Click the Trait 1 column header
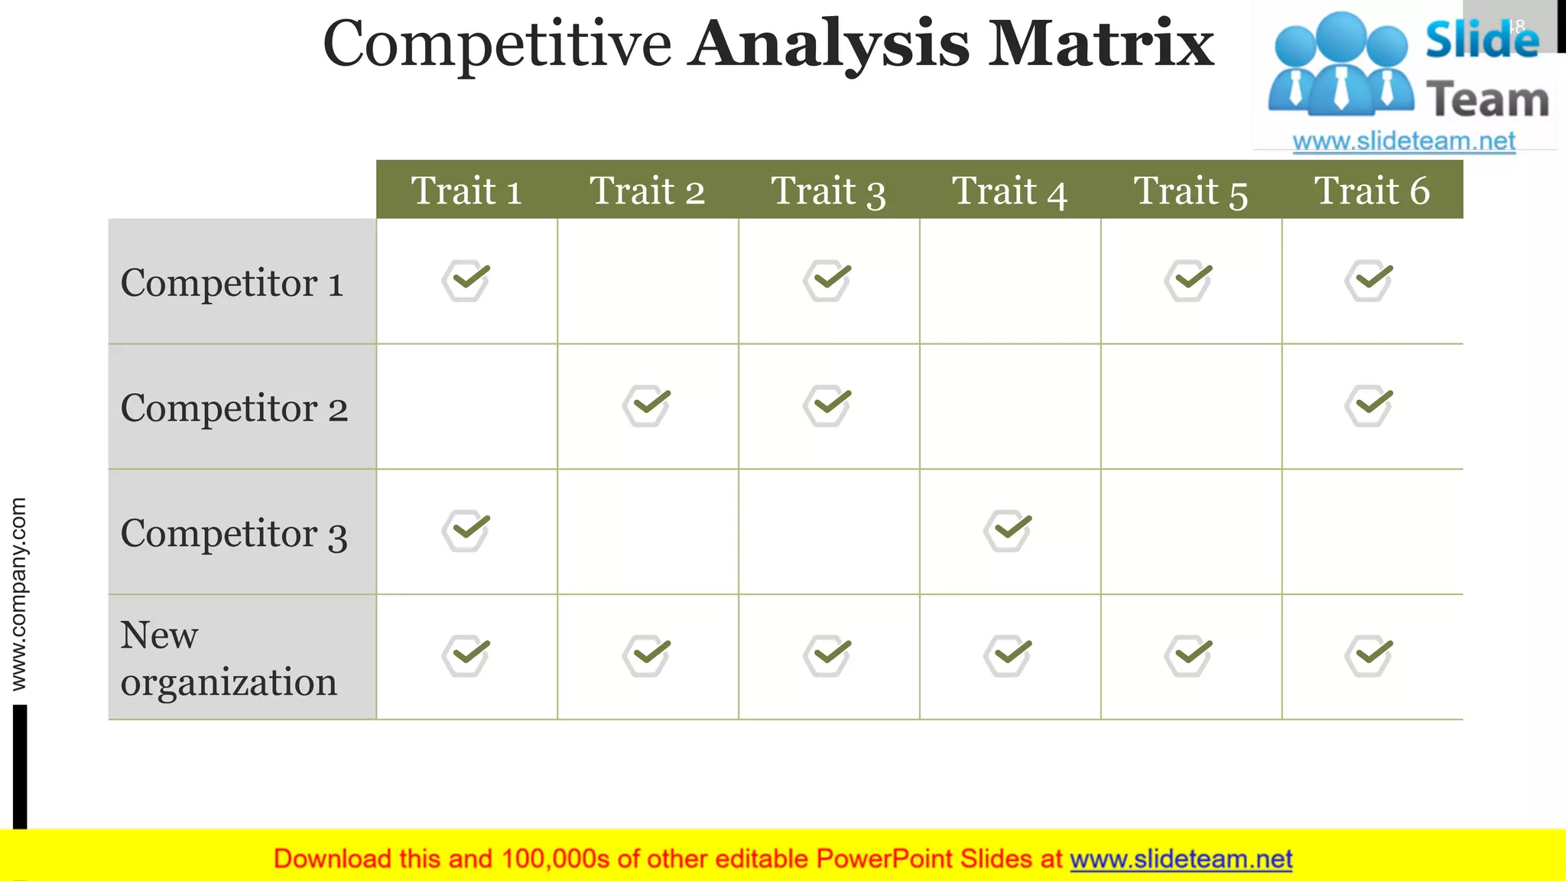(466, 190)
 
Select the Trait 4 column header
(1009, 190)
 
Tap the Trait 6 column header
(1372, 190)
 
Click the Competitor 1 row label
(232, 282)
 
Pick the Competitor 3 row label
(234, 533)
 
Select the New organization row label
(229, 658)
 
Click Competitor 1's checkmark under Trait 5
(1189, 280)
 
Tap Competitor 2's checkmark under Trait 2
(647, 405)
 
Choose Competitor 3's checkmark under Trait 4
(1009, 531)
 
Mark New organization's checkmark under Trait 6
(1369, 655)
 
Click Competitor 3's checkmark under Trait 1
(466, 531)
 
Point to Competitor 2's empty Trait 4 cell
(1009, 406)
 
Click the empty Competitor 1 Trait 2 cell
(648, 281)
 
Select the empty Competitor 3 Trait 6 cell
(1372, 532)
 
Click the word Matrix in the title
(1101, 44)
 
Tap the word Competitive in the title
(497, 44)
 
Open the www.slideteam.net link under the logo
(1404, 141)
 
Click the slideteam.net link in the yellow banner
(1181, 859)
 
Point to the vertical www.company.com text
(18, 594)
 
